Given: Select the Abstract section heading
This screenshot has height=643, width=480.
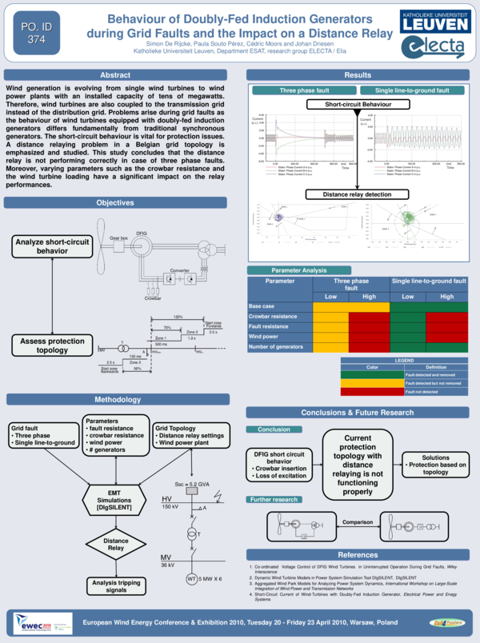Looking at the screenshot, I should click(115, 74).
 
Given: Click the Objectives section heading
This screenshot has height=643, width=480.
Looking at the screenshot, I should click(115, 203).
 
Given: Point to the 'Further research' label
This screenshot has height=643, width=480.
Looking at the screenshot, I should click(274, 499).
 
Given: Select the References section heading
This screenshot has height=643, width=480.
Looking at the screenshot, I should click(358, 554).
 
